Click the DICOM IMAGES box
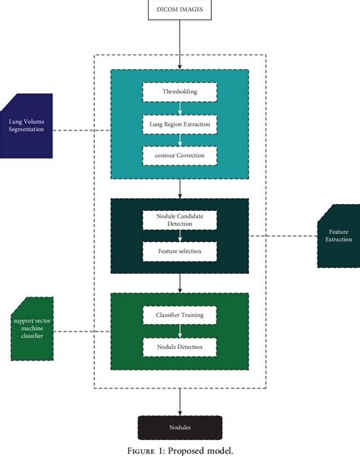pyautogui.click(x=180, y=11)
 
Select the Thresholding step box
pyautogui.click(x=180, y=92)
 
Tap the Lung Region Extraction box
pyautogui.click(x=180, y=123)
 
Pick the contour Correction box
pyautogui.click(x=180, y=155)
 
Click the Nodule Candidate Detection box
pyautogui.click(x=180, y=220)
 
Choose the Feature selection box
pyautogui.click(x=180, y=250)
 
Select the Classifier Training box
pyautogui.click(x=180, y=313)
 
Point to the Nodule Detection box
pyautogui.click(x=180, y=347)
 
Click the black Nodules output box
pyautogui.click(x=180, y=427)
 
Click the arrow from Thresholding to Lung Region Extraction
pyautogui.click(x=180, y=107)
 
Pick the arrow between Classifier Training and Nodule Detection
pyautogui.click(x=180, y=330)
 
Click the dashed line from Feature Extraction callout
pyautogui.click(x=283, y=236)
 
